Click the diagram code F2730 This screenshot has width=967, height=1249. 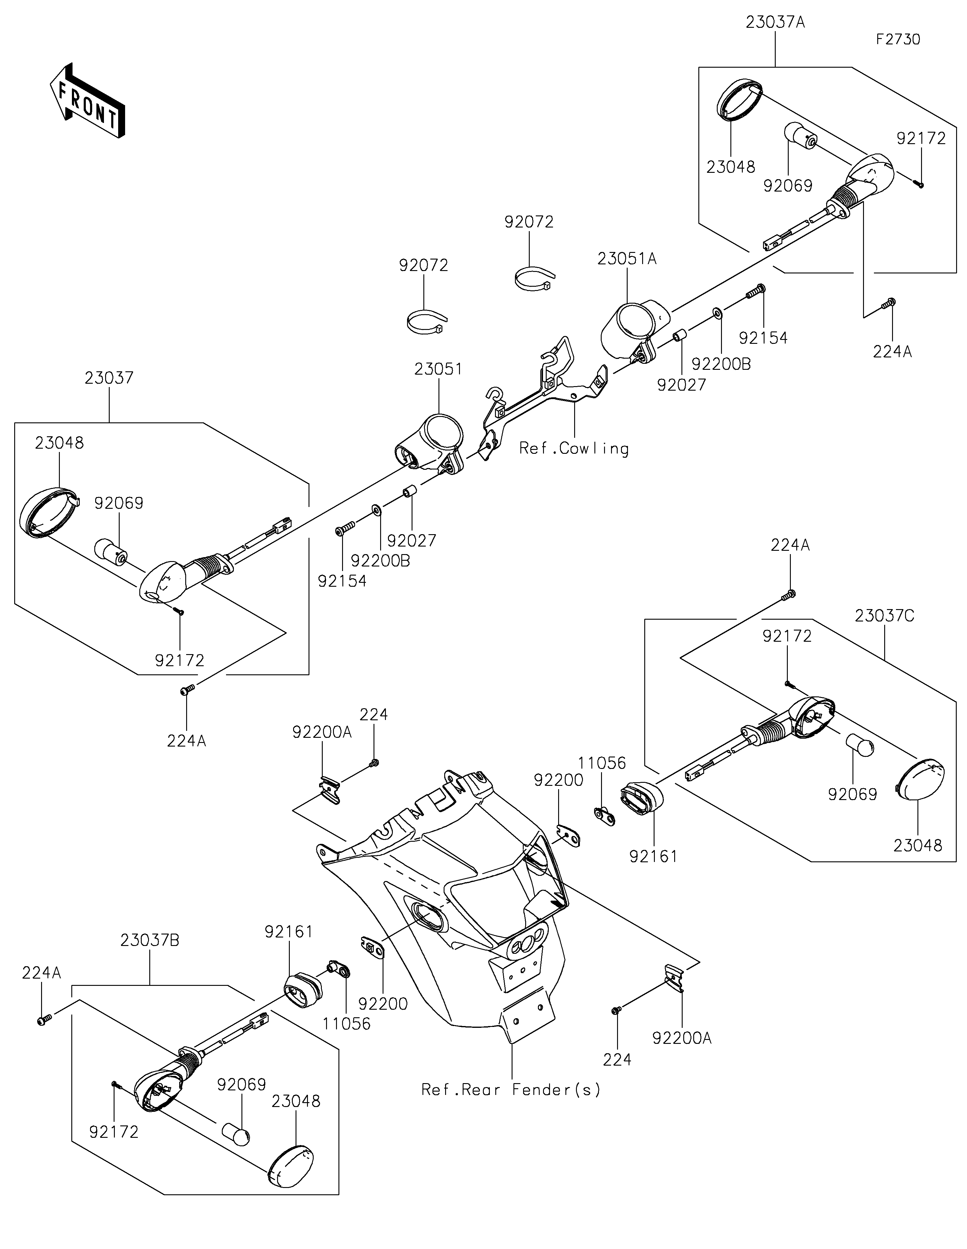tap(898, 40)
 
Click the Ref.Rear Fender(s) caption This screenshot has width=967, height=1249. tap(511, 1090)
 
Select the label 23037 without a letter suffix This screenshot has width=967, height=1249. tap(109, 378)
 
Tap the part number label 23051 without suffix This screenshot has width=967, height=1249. tap(438, 369)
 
